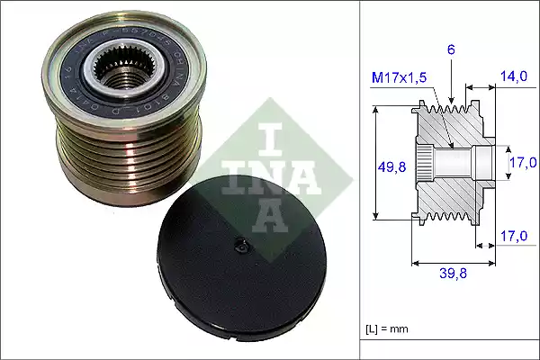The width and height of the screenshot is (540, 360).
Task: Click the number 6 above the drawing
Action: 451,51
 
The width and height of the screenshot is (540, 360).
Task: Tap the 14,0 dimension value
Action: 515,78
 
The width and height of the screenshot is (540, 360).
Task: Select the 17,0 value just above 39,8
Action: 514,237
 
